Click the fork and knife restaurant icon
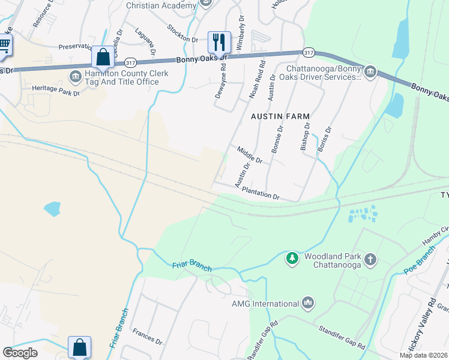tap(218, 41)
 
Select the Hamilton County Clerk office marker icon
tap(76, 76)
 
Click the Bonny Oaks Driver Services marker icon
tap(370, 73)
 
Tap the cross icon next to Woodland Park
tap(371, 259)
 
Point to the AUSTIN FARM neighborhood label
tap(280, 116)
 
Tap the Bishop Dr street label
tap(305, 137)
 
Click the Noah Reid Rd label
tap(257, 80)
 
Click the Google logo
tap(20, 352)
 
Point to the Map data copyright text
tap(423, 355)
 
